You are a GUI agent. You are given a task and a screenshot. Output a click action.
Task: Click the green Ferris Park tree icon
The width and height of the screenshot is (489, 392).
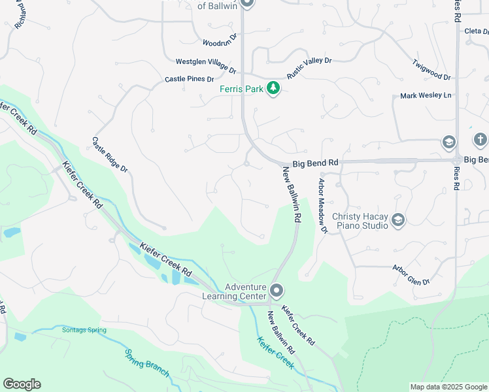(273, 88)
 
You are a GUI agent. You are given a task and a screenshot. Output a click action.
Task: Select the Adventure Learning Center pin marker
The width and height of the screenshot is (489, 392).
(277, 289)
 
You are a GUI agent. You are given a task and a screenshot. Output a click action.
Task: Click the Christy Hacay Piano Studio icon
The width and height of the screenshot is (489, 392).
(397, 221)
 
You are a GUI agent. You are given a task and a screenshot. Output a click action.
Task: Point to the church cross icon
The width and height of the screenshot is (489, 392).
(480, 140)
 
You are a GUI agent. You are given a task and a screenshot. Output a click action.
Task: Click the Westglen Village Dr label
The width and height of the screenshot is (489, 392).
(206, 64)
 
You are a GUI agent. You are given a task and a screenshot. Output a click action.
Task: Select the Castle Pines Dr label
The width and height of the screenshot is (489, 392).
(190, 79)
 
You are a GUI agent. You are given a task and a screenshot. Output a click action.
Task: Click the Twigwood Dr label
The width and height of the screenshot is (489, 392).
(431, 71)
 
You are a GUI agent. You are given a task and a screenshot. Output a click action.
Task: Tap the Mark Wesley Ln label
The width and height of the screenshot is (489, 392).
(426, 96)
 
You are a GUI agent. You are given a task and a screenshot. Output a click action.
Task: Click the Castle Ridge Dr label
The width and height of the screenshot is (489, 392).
(109, 154)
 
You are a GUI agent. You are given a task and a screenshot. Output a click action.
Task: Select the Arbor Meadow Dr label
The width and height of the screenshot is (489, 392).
(322, 206)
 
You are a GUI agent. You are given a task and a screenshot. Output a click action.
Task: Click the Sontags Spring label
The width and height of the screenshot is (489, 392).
(84, 330)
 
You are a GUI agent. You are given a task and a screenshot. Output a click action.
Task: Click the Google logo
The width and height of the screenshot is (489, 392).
(22, 384)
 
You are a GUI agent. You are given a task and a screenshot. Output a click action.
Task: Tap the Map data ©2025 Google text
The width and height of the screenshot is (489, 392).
(448, 387)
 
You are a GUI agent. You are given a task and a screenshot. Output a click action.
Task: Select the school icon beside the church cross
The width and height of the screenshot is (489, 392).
(448, 142)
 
